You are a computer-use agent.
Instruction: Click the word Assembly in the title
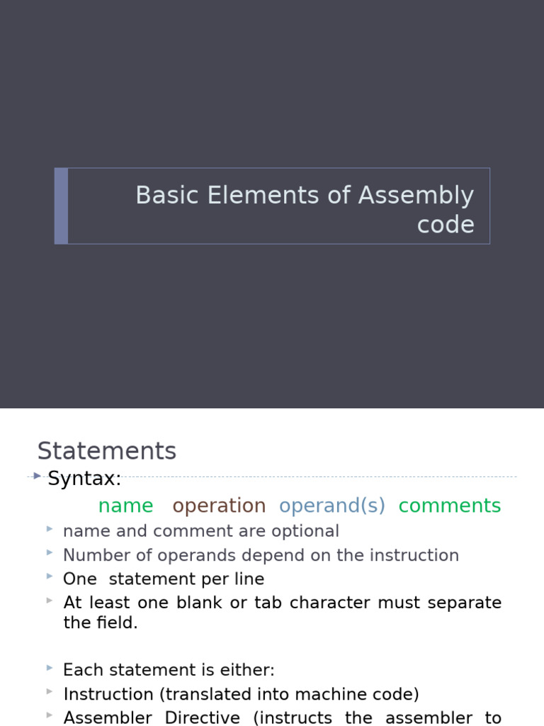click(x=416, y=196)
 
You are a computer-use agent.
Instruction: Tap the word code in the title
click(x=446, y=225)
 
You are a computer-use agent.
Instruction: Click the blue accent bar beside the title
click(x=62, y=206)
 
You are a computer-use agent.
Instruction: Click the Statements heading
click(x=106, y=451)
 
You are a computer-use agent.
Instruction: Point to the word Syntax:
click(x=84, y=479)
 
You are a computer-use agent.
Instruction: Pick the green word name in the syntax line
click(x=125, y=506)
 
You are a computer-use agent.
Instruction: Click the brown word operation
click(x=219, y=506)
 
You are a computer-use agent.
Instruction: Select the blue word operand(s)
click(x=331, y=506)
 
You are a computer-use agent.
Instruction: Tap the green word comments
click(x=449, y=506)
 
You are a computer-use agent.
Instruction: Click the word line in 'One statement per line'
click(x=251, y=579)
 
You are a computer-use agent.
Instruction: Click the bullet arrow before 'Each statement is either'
click(x=49, y=668)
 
